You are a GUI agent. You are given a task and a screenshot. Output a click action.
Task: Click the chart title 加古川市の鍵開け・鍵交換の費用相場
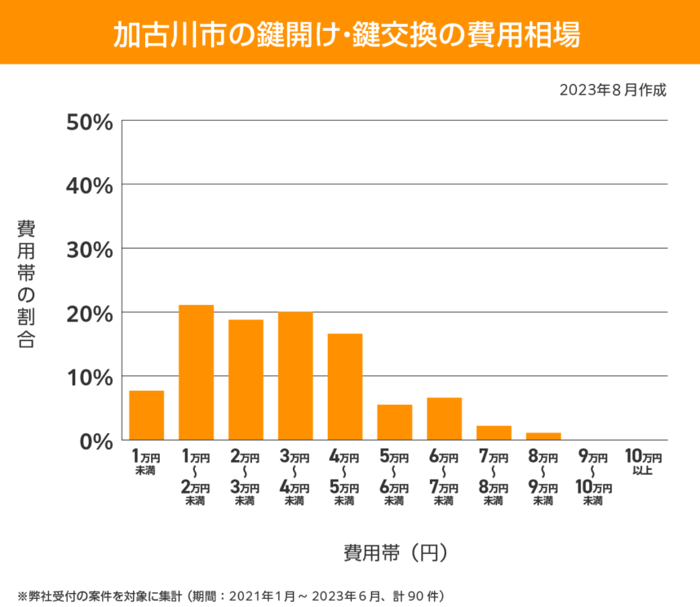[x=349, y=33]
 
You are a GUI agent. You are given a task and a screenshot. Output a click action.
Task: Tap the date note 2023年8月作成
[x=613, y=90]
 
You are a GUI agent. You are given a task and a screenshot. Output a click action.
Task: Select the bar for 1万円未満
[x=147, y=415]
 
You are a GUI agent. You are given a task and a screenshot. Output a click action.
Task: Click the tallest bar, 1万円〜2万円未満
[x=196, y=373]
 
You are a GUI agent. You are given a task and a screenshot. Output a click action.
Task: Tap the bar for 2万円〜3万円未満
[x=246, y=380]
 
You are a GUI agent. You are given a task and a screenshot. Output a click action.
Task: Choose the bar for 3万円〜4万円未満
[x=295, y=376]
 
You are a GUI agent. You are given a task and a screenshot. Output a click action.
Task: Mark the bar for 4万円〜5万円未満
[x=345, y=387]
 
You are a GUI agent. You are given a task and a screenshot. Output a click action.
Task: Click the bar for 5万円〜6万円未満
[x=394, y=423]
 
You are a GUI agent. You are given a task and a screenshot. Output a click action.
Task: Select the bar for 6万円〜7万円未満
[x=444, y=419]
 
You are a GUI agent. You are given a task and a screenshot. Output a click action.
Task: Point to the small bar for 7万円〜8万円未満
[x=494, y=433]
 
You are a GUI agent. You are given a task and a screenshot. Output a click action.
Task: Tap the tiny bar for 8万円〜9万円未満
[x=543, y=436]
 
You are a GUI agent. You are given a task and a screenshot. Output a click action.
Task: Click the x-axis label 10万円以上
[x=642, y=463]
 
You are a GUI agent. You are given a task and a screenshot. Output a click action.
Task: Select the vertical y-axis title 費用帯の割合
[x=26, y=284]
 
